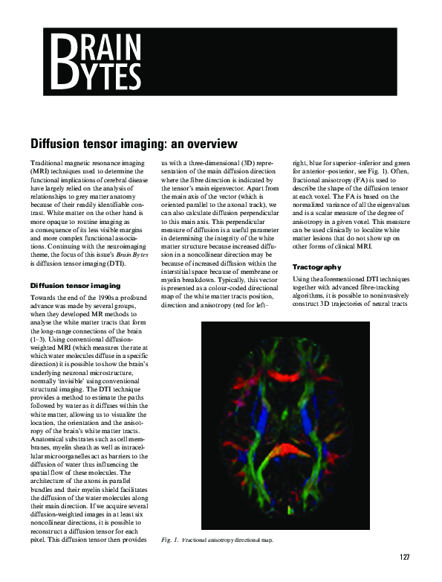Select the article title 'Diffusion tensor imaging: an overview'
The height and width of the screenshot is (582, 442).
[123, 143]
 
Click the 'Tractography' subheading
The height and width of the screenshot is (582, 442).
[316, 266]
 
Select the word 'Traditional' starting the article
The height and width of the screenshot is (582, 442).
[48, 162]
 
